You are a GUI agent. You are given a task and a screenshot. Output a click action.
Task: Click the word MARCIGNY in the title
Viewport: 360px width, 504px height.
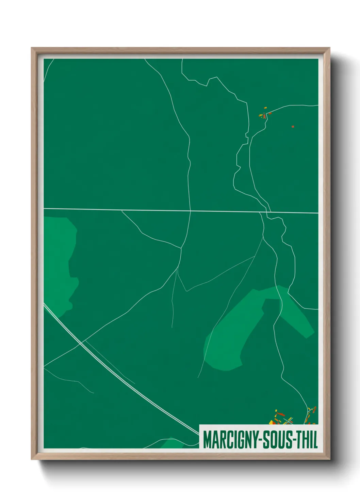pos(230,440)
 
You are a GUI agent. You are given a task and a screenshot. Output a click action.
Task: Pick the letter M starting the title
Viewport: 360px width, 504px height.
pos(207,440)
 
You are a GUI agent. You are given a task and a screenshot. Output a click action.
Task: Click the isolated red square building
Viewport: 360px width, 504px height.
pos(293,127)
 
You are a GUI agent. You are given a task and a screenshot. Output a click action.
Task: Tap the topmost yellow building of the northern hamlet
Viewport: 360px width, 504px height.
pos(265,108)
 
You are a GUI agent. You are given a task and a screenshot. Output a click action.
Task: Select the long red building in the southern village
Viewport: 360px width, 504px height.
pos(281,414)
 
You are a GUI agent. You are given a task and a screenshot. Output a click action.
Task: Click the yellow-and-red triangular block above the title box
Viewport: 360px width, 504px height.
pos(272,423)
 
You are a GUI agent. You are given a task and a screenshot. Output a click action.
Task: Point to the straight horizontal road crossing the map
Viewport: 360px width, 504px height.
pos(136,210)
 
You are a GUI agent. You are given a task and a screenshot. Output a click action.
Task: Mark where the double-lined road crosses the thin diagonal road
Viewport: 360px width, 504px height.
pos(81,343)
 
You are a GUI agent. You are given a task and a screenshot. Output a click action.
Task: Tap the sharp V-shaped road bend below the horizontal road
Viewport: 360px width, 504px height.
pos(186,291)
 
